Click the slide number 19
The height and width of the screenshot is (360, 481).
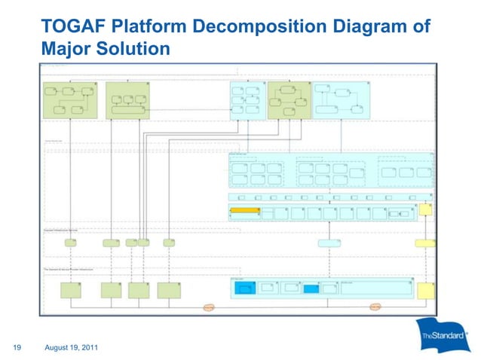14,347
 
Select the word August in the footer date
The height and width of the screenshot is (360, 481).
60,347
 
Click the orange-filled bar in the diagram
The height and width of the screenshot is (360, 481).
244,209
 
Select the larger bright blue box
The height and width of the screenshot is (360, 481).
247,288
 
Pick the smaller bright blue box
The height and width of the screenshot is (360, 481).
311,288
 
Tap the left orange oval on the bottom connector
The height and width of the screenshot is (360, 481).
209,307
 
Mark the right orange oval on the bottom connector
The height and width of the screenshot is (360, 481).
375,307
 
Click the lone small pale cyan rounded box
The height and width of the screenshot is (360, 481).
329,243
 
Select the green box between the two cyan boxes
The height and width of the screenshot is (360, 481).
289,100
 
